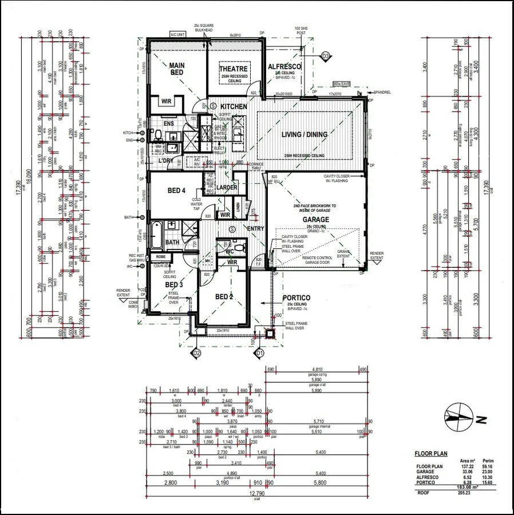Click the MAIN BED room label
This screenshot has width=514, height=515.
pos(176,69)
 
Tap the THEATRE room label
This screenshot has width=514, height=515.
pos(233,69)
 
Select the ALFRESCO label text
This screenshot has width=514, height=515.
pos(284,66)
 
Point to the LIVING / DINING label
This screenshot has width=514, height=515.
pos(305,135)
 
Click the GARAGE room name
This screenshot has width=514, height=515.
pos(315,219)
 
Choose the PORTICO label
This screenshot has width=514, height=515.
pos(296,298)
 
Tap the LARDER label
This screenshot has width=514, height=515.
pos(227,187)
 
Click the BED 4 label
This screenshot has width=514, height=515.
pos(176,190)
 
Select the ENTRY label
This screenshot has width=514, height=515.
pos(255,229)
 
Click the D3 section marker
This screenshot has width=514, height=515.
pos(326,56)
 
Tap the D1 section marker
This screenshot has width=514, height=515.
pos(259,353)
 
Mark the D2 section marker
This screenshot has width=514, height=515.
pos(196,353)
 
